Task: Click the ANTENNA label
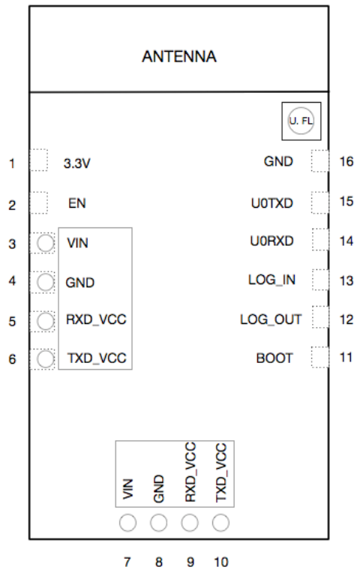click(179, 56)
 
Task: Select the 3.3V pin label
click(76, 163)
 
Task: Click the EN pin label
click(77, 203)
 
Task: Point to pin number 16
click(346, 161)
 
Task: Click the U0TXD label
click(272, 203)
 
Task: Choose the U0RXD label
click(271, 241)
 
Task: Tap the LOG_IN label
click(271, 280)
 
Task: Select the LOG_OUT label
click(271, 319)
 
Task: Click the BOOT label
click(274, 358)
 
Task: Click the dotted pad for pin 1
click(38, 160)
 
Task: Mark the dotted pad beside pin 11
click(320, 357)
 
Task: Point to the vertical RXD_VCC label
click(190, 472)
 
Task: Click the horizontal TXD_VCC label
click(97, 358)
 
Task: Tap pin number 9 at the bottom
click(190, 562)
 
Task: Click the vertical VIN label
click(128, 489)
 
